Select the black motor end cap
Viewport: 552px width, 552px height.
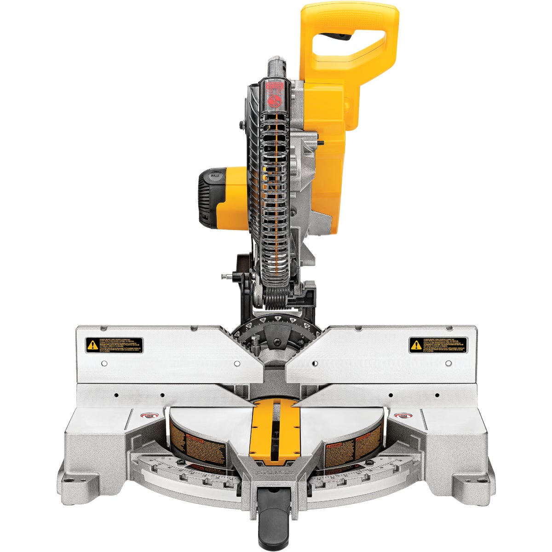(206, 198)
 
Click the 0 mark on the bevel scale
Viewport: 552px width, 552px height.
(277, 318)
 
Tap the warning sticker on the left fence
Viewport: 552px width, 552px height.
(114, 345)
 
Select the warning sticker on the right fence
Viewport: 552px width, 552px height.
(438, 345)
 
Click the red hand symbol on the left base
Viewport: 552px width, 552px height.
(149, 416)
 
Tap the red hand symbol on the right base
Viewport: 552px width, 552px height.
(403, 416)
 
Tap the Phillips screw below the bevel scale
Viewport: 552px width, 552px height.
(278, 342)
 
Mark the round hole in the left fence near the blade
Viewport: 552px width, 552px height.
(236, 363)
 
